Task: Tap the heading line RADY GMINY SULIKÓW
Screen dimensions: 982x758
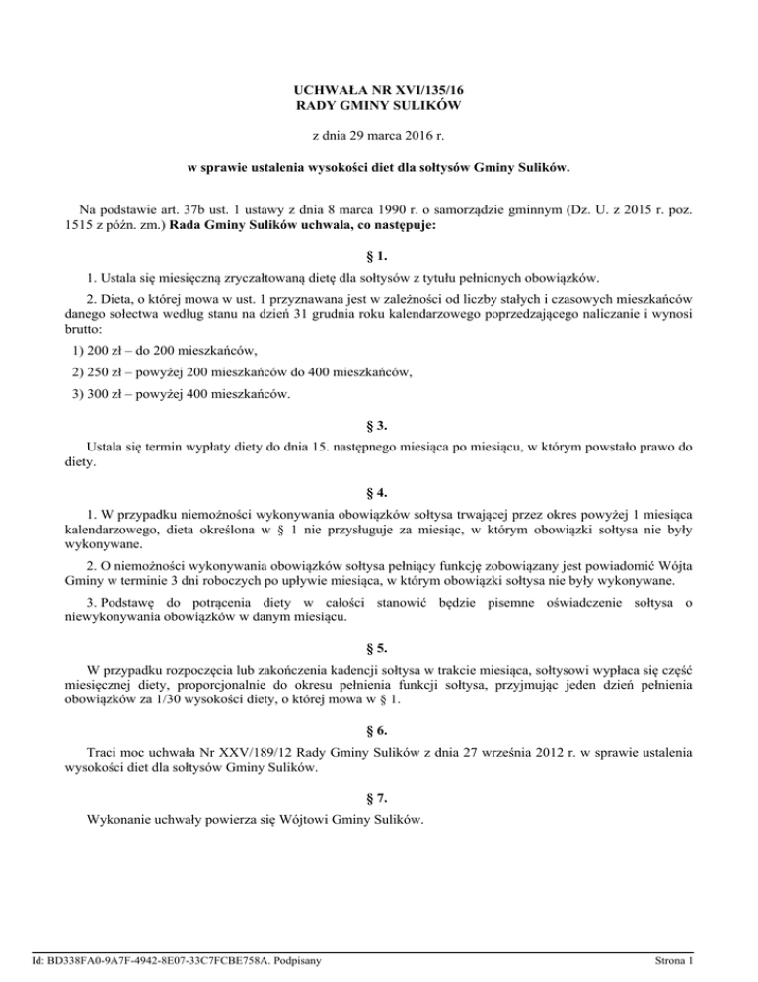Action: click(x=378, y=105)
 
